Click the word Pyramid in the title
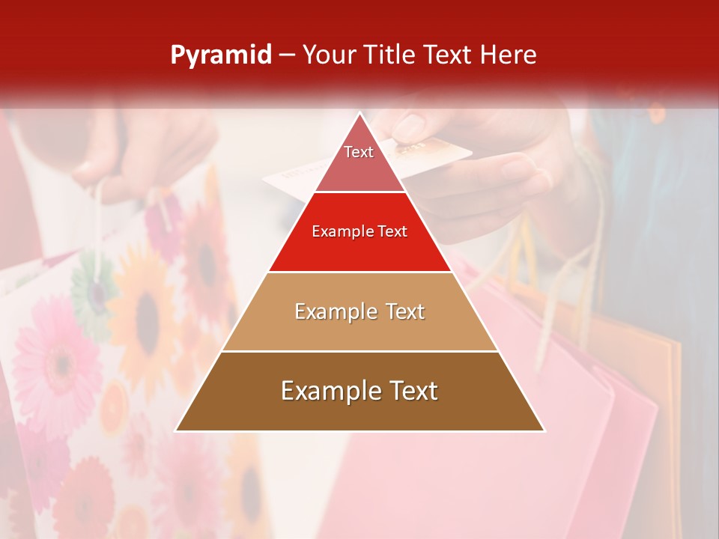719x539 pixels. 221,55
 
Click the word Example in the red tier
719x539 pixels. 337,232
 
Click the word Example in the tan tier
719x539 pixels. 328,311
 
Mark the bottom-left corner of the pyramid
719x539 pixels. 177,430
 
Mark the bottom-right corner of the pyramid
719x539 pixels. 544,430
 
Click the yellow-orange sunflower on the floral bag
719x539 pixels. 146,307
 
